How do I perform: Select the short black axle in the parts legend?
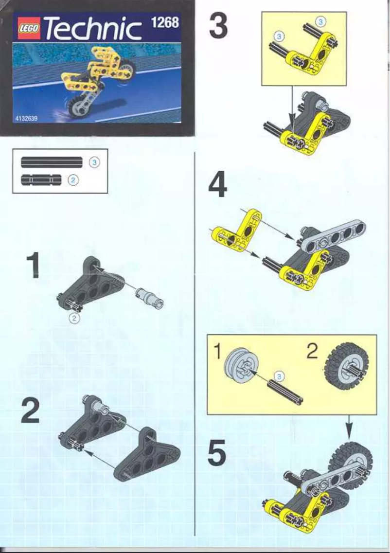point(42,180)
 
